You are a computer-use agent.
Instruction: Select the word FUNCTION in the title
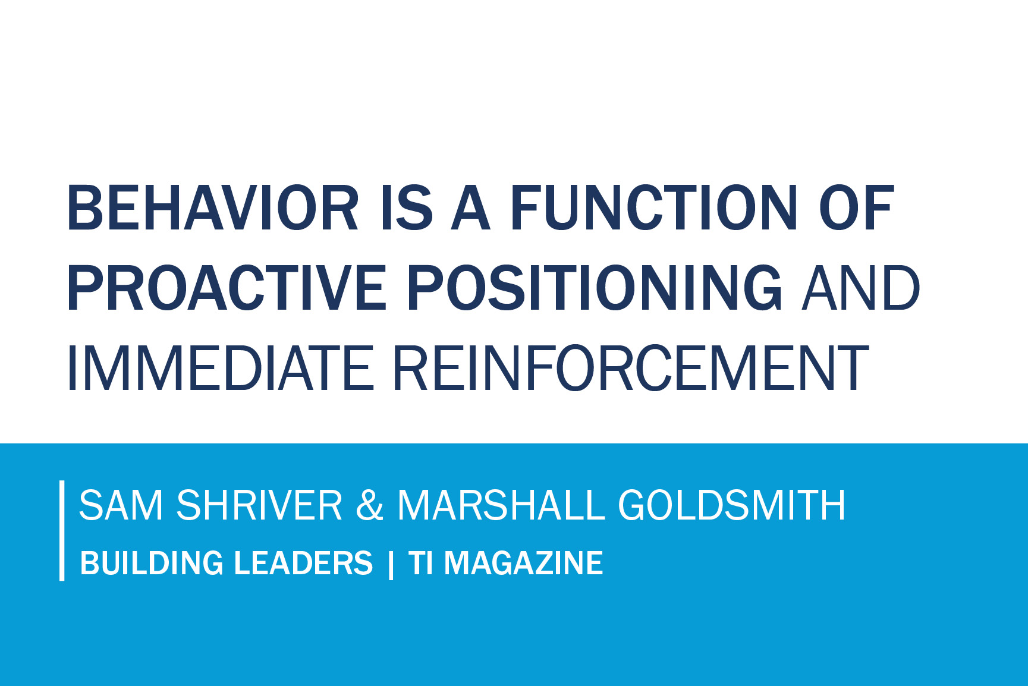coord(653,207)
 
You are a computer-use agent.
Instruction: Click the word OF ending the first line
coord(856,207)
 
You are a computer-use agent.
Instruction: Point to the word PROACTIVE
coord(227,288)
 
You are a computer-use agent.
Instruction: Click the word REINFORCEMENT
coord(631,368)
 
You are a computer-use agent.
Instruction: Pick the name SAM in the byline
coord(121,505)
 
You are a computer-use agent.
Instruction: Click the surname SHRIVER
coord(259,505)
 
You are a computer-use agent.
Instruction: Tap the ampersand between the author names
coord(370,505)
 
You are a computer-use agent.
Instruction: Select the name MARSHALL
coord(501,505)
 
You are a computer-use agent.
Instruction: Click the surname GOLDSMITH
coord(731,505)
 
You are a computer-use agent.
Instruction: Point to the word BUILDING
coord(152,563)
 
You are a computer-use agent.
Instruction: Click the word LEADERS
coord(303,563)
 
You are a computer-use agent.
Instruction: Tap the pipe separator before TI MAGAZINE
coord(390,564)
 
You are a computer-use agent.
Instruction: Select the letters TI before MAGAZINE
coord(420,563)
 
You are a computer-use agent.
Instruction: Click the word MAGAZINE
coord(523,563)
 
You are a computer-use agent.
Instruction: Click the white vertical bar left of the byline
coord(62,530)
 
